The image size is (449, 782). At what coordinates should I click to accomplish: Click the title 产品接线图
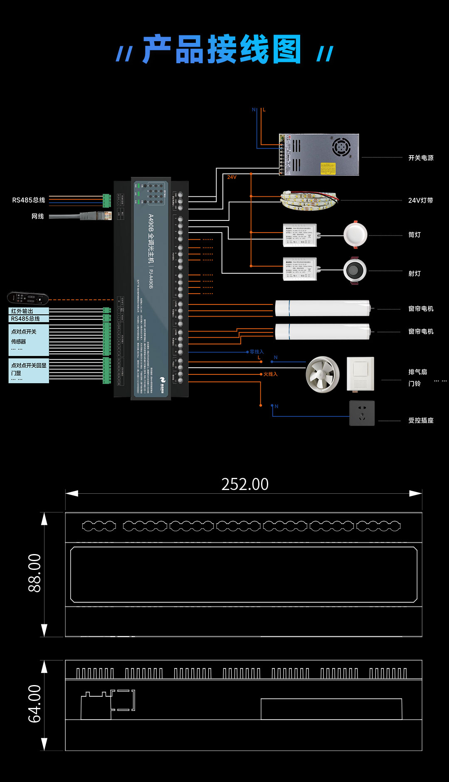pos(222,49)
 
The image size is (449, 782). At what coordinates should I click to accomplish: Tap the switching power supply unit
pos(319,155)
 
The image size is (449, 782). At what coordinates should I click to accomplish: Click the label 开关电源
pos(421,158)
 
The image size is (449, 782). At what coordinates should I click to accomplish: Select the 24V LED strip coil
pos(309,200)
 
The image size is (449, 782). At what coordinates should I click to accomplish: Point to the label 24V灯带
pos(420,200)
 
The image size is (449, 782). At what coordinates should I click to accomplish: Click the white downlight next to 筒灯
pos(355,235)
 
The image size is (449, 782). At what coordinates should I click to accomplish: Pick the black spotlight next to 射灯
pos(355,271)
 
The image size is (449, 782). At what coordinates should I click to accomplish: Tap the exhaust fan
pos(323,374)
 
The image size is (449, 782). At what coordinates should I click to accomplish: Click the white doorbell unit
pos(360,374)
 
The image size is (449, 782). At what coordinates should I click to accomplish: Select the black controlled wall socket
pos(362,413)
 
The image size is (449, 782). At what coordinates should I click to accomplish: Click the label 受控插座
pos(421,421)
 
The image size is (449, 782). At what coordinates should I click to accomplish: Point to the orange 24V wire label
pos(232,177)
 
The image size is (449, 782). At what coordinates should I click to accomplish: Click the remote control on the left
pos(28,298)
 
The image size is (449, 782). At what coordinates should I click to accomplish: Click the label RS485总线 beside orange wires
pos(29,200)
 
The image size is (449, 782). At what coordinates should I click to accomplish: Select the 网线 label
pos(38,216)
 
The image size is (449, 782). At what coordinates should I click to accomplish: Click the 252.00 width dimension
pos(245,484)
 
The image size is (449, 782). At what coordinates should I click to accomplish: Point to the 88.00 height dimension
pos(35,573)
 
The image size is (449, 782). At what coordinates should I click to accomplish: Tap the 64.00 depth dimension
pos(35,703)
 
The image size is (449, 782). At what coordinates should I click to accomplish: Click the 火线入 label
pos(270,374)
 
